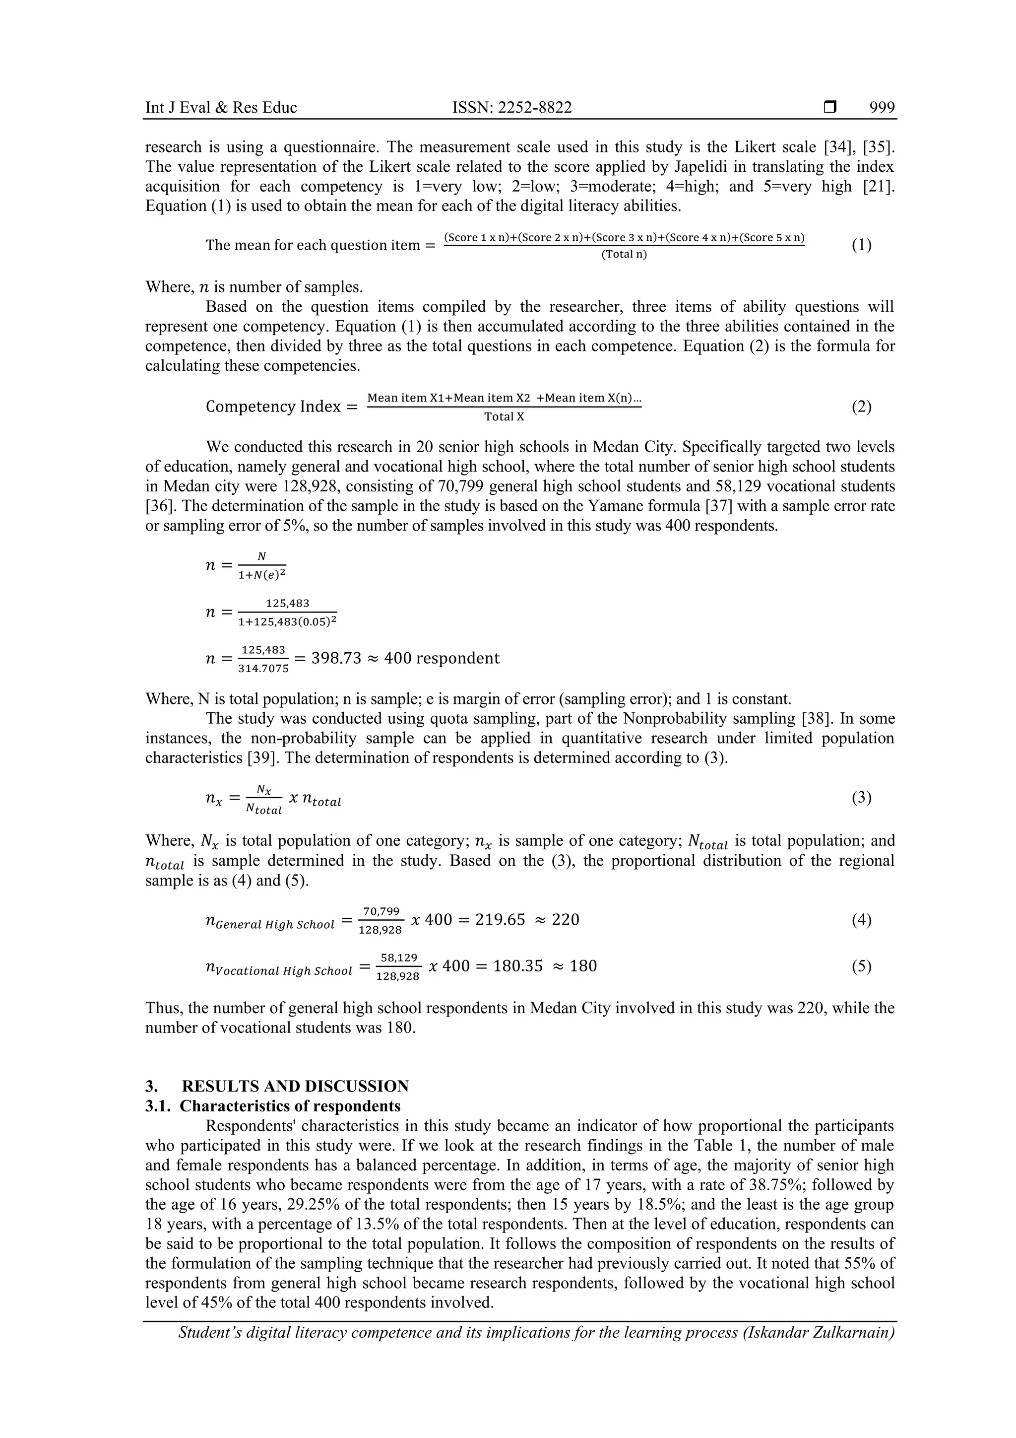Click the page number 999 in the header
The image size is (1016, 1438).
(x=882, y=108)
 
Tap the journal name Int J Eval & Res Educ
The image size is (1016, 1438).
(x=220, y=108)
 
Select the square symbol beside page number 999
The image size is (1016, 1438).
(x=829, y=108)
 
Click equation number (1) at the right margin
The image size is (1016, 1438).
(x=861, y=245)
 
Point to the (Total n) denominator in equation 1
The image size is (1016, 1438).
(x=624, y=254)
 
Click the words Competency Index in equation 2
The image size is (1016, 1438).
(x=273, y=407)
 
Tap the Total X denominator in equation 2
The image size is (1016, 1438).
(x=504, y=416)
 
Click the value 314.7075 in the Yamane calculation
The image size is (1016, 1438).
(x=263, y=668)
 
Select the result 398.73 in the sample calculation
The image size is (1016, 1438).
(x=336, y=658)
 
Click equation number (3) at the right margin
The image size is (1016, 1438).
(x=861, y=797)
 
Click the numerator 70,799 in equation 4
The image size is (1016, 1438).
(x=381, y=911)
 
